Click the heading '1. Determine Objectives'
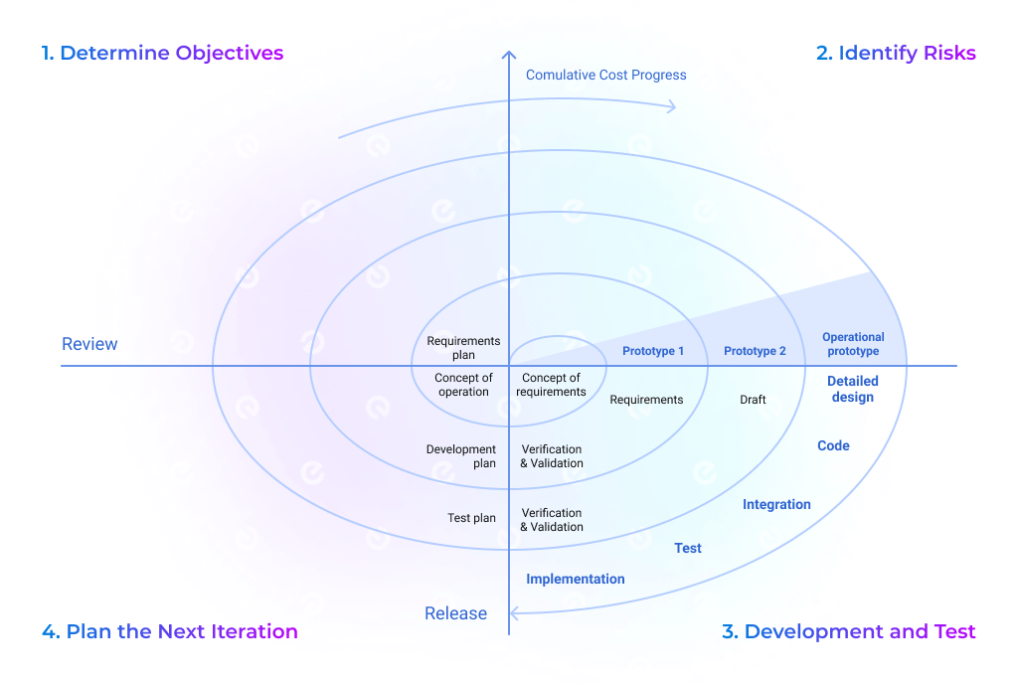coord(163,54)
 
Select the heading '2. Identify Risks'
coord(896,54)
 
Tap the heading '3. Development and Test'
coord(848,631)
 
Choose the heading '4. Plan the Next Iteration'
coord(170,631)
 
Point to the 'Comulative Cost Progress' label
coord(605,75)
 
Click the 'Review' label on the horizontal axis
coord(89,344)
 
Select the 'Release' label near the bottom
coord(455,613)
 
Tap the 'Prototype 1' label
coord(653,351)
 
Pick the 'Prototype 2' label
coord(755,351)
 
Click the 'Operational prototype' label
coord(853,344)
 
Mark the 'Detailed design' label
coord(852,389)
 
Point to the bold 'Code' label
coord(833,445)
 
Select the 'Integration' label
coord(776,504)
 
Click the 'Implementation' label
coord(576,579)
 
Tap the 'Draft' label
coord(753,400)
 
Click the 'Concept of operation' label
coord(463,385)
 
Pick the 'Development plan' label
coord(461,456)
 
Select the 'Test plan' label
coord(471,518)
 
